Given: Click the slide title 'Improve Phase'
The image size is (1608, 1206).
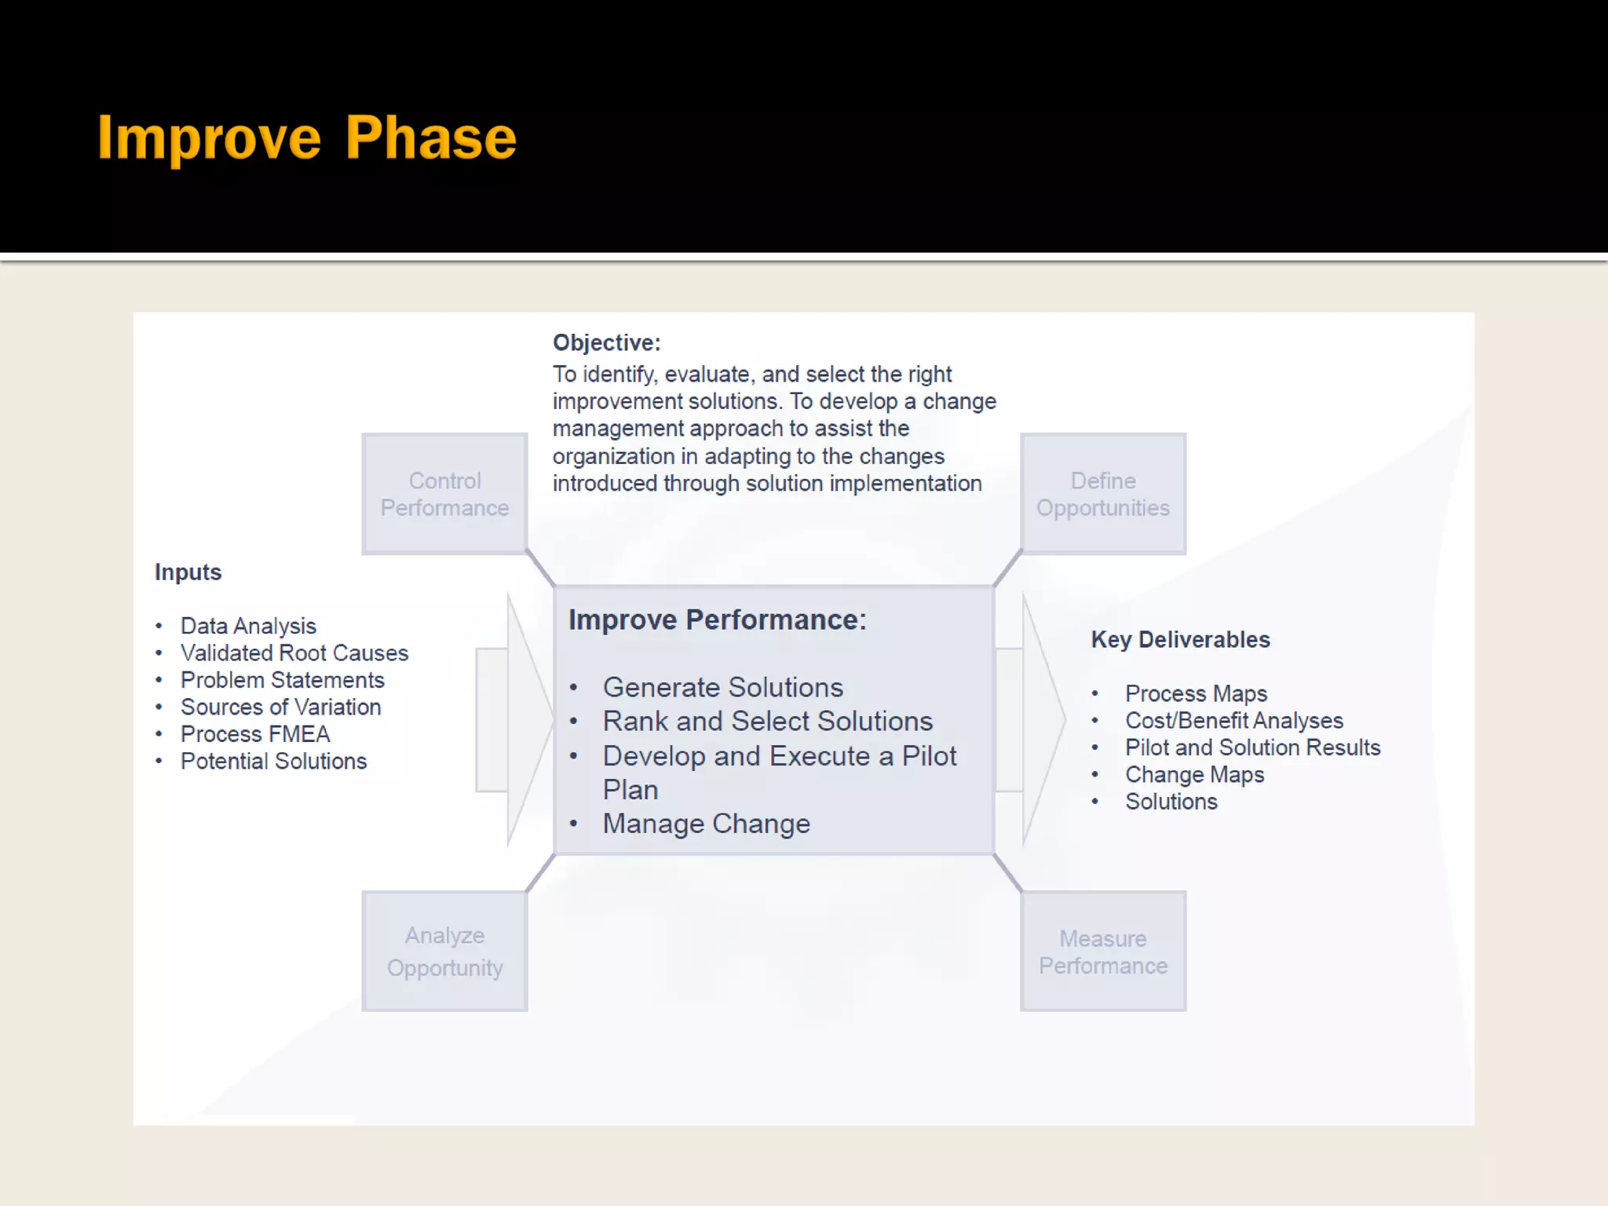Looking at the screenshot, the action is (x=307, y=138).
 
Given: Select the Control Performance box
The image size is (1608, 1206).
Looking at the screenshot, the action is (x=444, y=494).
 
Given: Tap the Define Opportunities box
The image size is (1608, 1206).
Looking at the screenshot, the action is (x=1103, y=494).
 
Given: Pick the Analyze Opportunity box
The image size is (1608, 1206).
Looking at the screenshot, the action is (x=444, y=951).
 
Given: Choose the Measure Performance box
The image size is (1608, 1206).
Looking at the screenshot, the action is (x=1103, y=951).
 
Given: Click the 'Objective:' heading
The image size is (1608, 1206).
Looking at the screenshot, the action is (x=607, y=343).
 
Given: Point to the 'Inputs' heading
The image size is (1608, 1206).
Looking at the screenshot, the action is (x=188, y=572).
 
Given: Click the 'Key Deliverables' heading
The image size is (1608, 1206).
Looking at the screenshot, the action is (x=1180, y=640).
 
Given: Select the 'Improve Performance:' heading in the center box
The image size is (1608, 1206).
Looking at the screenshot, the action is (x=717, y=620).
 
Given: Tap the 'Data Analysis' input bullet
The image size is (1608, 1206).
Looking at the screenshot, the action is (x=248, y=626).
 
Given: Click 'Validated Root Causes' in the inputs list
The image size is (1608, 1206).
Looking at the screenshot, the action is (x=294, y=653).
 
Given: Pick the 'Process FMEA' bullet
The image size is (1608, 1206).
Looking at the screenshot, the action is (x=255, y=734).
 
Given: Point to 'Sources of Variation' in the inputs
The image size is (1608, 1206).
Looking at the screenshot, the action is (x=280, y=707).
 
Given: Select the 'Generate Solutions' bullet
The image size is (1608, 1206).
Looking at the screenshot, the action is (x=722, y=688).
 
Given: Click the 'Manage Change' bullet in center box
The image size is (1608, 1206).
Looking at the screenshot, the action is (x=706, y=824).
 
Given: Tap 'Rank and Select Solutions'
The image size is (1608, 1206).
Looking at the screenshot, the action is (x=767, y=722).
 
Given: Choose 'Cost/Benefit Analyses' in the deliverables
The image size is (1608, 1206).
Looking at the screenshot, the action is (x=1233, y=721).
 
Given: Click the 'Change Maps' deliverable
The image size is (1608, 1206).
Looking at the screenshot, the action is (x=1194, y=775).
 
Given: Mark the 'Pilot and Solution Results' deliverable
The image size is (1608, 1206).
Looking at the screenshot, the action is (x=1252, y=747).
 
